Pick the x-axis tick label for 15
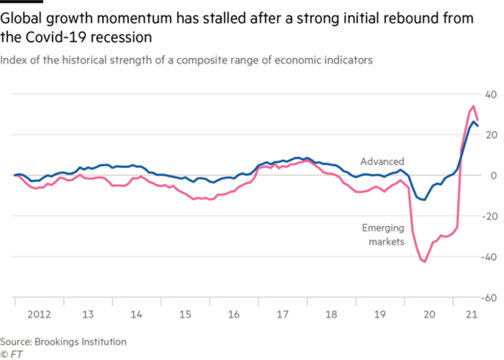pos(185,312)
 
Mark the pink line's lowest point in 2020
pos(423,261)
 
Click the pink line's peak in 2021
pos(473,105)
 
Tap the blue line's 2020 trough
pos(421,199)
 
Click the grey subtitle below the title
pos(186,60)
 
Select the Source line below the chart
pos(63,342)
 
